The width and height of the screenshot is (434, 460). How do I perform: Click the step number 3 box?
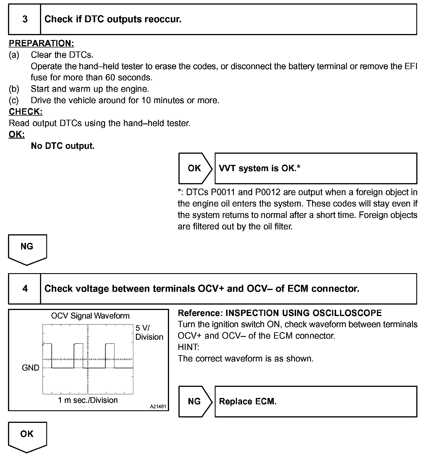[x=25, y=19]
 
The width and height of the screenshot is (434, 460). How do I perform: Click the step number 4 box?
[x=25, y=289]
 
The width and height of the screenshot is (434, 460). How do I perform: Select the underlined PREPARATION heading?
[x=41, y=43]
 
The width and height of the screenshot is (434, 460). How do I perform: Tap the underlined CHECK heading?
[x=26, y=112]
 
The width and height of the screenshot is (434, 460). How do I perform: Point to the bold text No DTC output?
[x=63, y=146]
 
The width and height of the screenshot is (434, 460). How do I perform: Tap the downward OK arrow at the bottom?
[x=27, y=436]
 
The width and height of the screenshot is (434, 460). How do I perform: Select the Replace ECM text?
[x=248, y=401]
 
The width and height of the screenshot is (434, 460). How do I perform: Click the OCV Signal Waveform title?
[x=90, y=316]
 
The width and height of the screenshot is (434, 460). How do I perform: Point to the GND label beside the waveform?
[x=31, y=368]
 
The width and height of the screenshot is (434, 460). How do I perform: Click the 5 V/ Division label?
[x=149, y=332]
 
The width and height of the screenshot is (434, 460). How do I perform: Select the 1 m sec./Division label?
[x=88, y=400]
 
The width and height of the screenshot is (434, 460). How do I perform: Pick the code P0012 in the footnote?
[x=268, y=192]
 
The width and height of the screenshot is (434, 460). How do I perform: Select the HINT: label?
[x=188, y=347]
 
